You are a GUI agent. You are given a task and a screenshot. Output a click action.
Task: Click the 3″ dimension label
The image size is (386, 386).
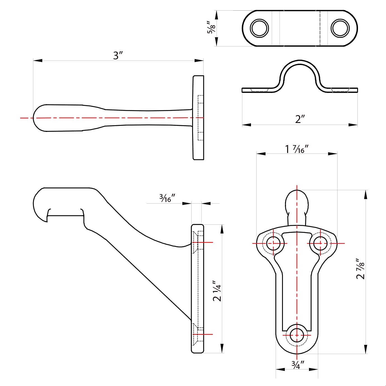pyautogui.click(x=118, y=55)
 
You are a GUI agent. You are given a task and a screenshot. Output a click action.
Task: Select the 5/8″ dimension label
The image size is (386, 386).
pyautogui.click(x=211, y=27)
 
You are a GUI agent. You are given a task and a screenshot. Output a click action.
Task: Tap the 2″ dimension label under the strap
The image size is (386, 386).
pyautogui.click(x=300, y=119)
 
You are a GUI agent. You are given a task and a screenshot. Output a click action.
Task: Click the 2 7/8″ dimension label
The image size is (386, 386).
pyautogui.click(x=361, y=269)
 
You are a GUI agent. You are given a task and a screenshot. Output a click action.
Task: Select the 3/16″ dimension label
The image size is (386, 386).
pyautogui.click(x=167, y=198)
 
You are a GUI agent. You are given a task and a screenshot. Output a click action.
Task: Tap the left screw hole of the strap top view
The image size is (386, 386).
pyautogui.click(x=259, y=28)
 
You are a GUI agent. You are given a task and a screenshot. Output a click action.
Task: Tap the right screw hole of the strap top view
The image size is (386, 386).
pyautogui.click(x=340, y=28)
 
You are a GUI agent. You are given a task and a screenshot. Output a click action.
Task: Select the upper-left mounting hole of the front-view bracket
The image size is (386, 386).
pyautogui.click(x=273, y=243)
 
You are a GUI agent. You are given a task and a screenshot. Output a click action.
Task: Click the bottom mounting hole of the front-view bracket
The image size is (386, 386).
pyautogui.click(x=297, y=335)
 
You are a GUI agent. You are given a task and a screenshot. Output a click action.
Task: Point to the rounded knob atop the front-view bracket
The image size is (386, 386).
pyautogui.click(x=297, y=202)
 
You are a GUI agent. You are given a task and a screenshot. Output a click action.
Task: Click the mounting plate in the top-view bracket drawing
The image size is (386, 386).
pyautogui.click(x=198, y=118)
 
